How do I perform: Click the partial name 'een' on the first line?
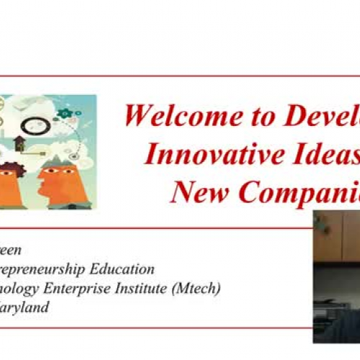(12, 251)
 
